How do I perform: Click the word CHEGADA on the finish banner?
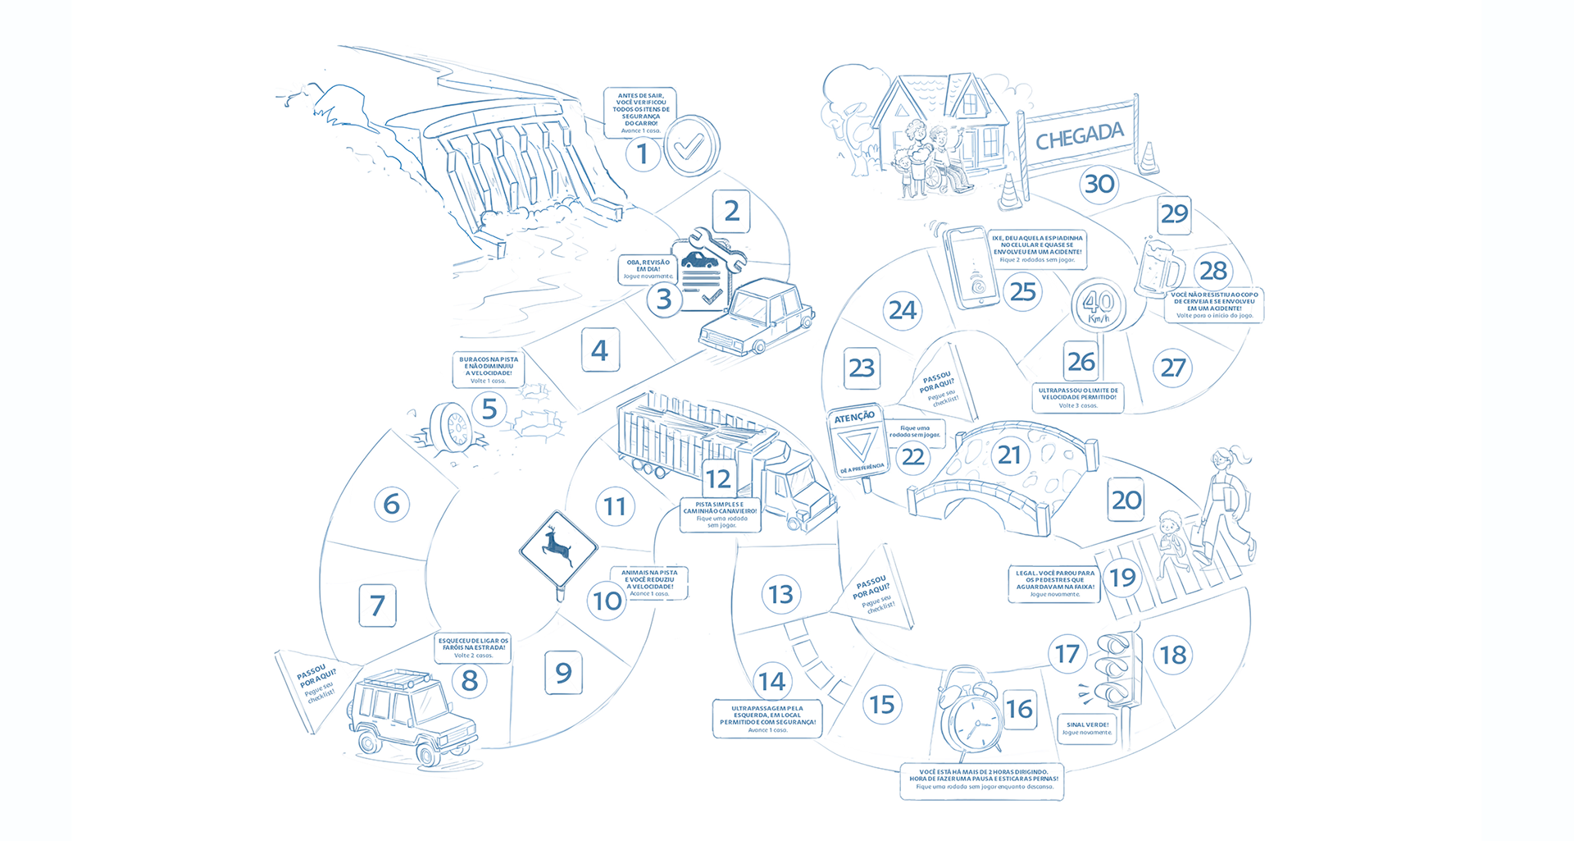[1079, 137]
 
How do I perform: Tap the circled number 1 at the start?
[643, 154]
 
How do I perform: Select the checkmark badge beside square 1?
[690, 146]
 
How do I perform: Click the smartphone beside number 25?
[971, 267]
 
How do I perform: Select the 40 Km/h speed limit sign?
[1099, 306]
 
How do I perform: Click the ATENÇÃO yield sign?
[856, 443]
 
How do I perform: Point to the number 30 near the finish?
[1099, 184]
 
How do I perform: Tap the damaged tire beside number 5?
[449, 427]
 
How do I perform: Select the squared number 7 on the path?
[377, 606]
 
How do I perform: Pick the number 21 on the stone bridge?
[1009, 455]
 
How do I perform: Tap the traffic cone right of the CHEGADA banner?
[1149, 159]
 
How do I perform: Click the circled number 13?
[780, 594]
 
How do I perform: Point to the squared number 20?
[1126, 500]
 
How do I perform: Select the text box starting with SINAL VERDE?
[1088, 729]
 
